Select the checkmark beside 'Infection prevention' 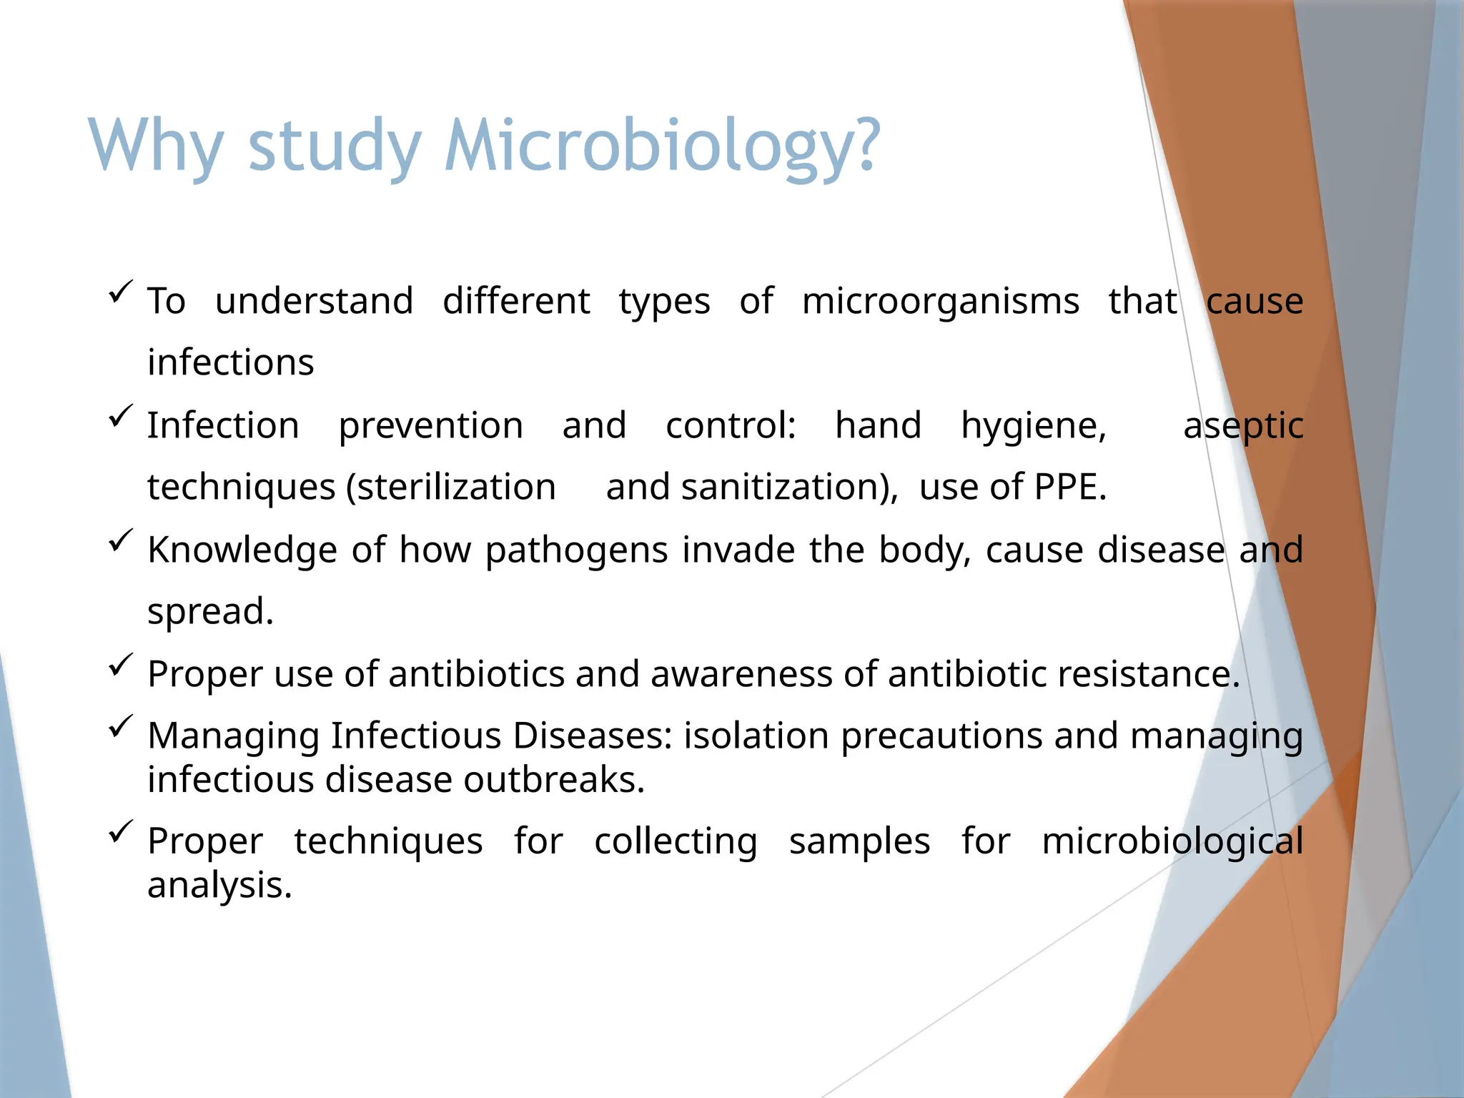click(x=121, y=416)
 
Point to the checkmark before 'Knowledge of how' click(x=121, y=540)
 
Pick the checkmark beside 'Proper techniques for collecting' click(x=121, y=831)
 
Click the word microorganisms click(x=940, y=301)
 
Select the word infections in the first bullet click(x=230, y=362)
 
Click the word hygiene click(x=1033, y=426)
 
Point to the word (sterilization click(x=450, y=488)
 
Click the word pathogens click(x=576, y=550)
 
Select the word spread click(x=210, y=612)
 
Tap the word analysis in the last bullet click(x=219, y=886)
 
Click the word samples click(x=859, y=841)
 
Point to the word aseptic click(x=1243, y=426)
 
